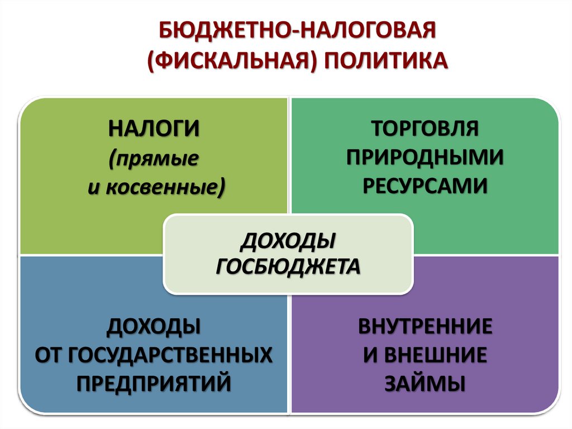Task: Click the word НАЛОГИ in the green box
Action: [x=154, y=128]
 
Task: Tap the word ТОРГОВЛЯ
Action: [x=425, y=128]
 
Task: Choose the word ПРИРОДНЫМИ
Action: [x=425, y=157]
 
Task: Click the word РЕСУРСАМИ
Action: [x=425, y=186]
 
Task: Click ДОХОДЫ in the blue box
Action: [x=154, y=326]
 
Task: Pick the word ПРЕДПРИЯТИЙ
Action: [x=154, y=384]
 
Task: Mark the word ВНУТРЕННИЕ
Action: [x=425, y=326]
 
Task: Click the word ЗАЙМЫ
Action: [x=425, y=384]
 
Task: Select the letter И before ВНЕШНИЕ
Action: [x=371, y=355]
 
